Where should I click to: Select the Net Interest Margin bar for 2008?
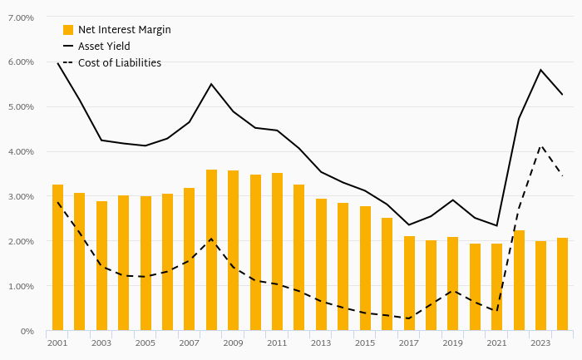tap(211, 250)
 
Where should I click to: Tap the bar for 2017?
tap(409, 284)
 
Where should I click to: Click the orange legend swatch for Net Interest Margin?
tap(68, 30)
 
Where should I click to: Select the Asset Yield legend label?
tap(104, 47)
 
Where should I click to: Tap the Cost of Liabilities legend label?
tap(119, 63)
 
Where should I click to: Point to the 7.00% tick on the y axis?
tap(20, 17)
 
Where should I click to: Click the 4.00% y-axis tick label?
tap(20, 152)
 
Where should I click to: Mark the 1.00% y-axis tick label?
tap(20, 287)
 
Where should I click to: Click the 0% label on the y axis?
tap(27, 332)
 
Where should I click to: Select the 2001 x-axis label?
tap(57, 343)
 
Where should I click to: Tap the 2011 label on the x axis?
tap(277, 343)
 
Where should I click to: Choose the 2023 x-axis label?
tap(540, 343)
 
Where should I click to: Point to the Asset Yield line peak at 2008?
tap(211, 84)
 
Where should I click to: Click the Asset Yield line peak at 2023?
tap(540, 70)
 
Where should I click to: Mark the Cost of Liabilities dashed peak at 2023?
tap(540, 145)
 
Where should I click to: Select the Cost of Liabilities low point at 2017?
tap(409, 318)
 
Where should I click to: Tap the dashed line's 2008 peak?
tap(211, 239)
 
